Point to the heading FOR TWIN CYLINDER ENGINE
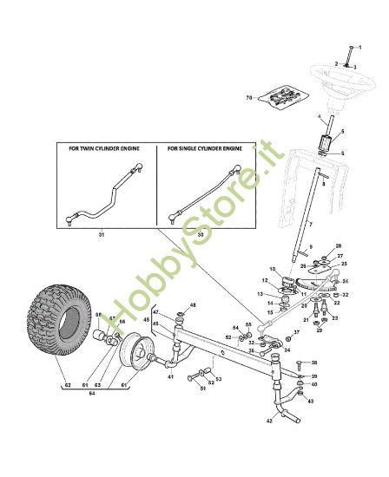(x=104, y=148)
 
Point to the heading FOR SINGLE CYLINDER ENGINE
(x=205, y=148)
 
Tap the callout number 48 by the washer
(x=194, y=305)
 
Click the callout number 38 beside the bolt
(x=314, y=363)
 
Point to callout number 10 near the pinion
(x=272, y=270)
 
